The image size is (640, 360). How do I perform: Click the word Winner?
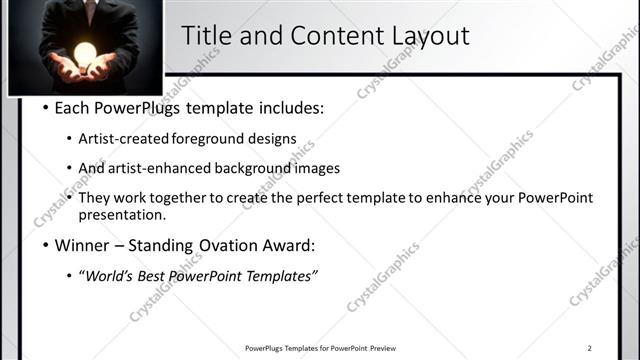coord(82,244)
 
